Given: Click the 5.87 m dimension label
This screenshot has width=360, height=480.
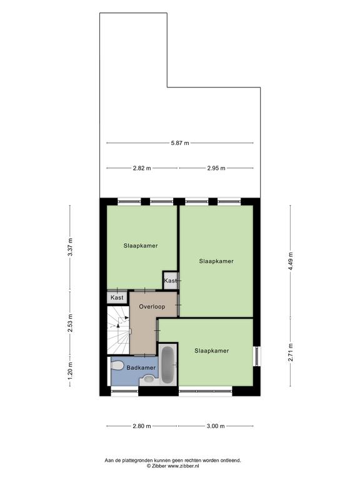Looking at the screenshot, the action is (180, 143).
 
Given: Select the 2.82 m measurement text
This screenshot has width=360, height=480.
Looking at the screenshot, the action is (142, 168).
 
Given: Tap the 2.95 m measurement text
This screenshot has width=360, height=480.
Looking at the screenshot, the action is (216, 168).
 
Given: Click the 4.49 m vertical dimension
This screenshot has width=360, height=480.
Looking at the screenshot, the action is (291, 261).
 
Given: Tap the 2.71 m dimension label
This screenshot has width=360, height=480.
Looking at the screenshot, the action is (291, 352).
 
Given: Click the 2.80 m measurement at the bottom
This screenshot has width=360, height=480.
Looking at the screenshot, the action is (142, 426).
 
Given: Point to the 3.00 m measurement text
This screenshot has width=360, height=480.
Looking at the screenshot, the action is (216, 426).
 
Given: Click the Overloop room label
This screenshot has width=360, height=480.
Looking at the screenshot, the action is (152, 306).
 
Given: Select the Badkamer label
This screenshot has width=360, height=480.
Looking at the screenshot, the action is (141, 367).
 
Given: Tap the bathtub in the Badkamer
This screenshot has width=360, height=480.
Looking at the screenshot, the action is (167, 364).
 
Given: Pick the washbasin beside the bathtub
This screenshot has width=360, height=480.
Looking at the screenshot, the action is (149, 379).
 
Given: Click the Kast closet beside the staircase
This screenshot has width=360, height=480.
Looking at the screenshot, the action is (117, 297).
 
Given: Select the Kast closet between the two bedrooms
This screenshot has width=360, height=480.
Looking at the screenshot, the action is (170, 281).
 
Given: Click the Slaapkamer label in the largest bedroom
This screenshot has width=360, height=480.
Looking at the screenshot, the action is (216, 261).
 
